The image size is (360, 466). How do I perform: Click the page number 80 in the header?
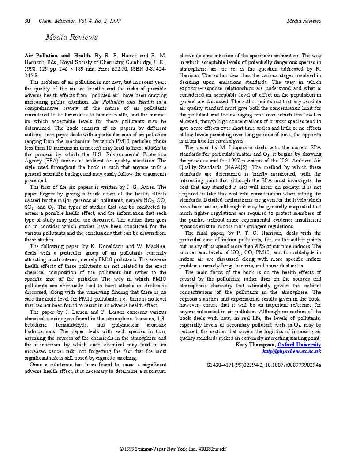click(27, 21)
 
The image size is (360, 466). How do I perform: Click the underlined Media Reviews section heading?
click(71, 38)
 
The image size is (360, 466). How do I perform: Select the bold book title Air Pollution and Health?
click(58, 56)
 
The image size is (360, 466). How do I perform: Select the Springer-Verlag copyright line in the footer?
click(173, 449)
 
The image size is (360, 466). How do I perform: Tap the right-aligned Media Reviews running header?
click(304, 21)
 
